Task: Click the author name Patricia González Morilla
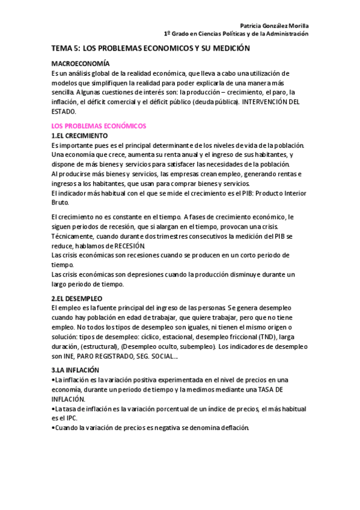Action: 274,26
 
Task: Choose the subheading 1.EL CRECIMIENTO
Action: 80,136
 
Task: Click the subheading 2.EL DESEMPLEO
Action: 77,299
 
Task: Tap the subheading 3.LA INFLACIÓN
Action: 76,370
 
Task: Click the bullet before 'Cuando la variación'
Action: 53,428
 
